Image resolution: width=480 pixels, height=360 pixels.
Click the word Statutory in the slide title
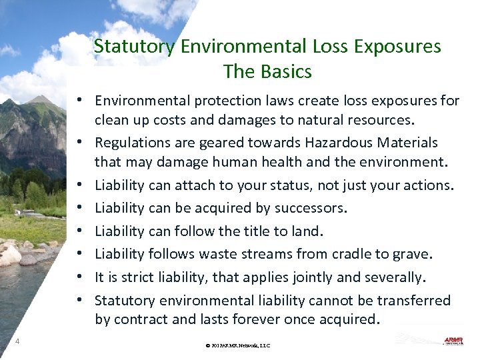[x=135, y=47]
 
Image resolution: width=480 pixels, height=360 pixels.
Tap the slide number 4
[x=17, y=342]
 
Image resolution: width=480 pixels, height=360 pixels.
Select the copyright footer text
[x=237, y=345]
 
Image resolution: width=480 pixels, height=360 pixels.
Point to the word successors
[x=311, y=208]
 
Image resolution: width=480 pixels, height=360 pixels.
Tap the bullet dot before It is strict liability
[x=79, y=277]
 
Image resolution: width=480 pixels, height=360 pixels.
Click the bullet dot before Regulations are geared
[x=79, y=143]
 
